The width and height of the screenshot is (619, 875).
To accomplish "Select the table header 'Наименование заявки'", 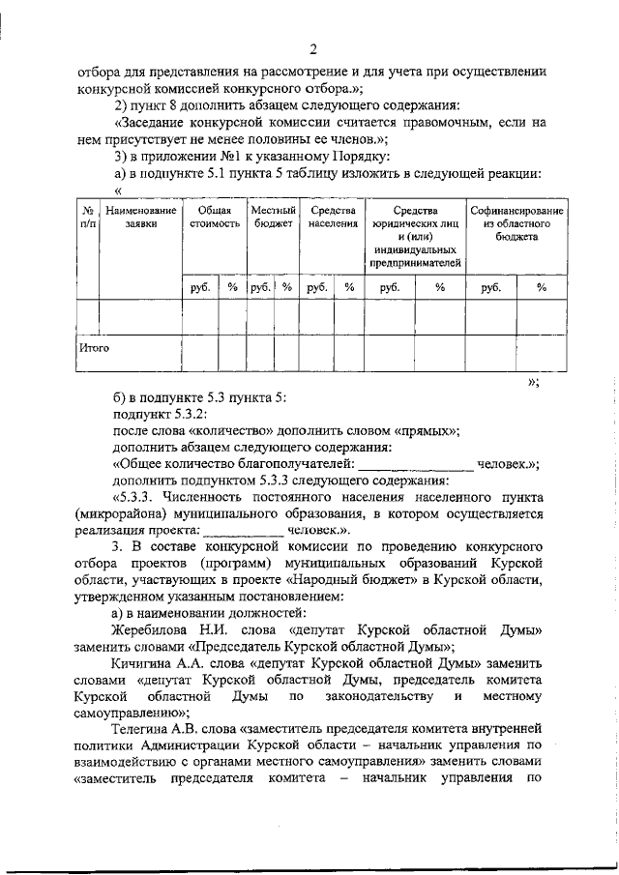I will click(141, 217).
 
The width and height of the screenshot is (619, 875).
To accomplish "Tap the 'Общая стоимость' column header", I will click(214, 217).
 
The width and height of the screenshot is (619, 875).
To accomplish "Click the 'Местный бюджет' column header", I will click(273, 217).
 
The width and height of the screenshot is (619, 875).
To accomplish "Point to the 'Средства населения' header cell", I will click(332, 217).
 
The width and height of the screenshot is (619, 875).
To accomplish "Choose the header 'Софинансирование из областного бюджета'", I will click(517, 223).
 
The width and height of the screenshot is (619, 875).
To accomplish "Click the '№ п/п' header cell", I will click(87, 217).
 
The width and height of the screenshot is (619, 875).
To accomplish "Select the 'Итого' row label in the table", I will click(93, 346).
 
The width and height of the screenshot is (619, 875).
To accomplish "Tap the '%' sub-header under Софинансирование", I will click(542, 287).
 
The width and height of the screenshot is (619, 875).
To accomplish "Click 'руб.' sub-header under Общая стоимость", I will click(200, 287).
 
